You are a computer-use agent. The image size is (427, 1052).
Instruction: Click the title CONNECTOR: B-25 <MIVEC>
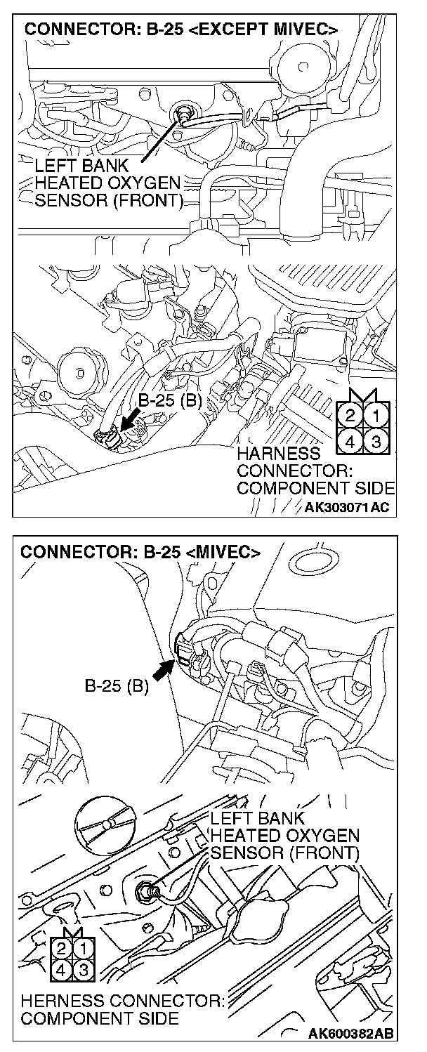pyautogui.click(x=140, y=552)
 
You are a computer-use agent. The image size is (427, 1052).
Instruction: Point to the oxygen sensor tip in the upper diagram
pyautogui.click(x=185, y=112)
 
